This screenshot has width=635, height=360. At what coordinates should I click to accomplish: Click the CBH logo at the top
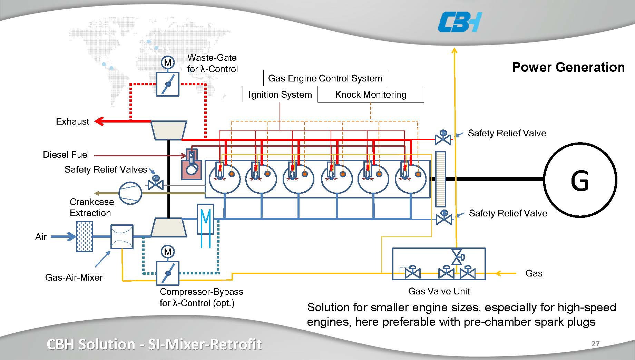click(x=459, y=22)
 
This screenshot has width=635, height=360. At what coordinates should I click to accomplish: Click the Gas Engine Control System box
click(x=325, y=78)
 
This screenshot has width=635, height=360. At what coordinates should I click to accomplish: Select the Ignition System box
click(x=280, y=94)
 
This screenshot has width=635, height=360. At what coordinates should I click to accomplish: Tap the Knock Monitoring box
click(x=370, y=94)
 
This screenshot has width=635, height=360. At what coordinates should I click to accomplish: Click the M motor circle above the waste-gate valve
click(x=168, y=62)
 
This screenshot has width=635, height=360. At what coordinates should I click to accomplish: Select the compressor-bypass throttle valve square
click(x=168, y=273)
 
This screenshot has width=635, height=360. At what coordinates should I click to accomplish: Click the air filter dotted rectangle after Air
click(x=84, y=236)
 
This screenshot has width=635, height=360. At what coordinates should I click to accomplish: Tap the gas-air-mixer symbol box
click(x=122, y=236)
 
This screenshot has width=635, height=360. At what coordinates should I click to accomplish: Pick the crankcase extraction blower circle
click(x=130, y=193)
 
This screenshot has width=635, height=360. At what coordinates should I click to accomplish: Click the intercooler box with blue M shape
click(x=205, y=219)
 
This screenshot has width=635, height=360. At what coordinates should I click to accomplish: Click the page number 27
click(x=595, y=343)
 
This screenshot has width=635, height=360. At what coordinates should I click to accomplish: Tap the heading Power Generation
click(x=568, y=67)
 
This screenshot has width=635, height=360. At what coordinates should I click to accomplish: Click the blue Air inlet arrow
click(x=64, y=236)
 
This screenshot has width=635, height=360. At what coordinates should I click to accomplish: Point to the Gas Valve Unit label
click(x=439, y=291)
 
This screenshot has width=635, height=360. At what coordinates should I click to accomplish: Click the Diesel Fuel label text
click(x=66, y=155)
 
